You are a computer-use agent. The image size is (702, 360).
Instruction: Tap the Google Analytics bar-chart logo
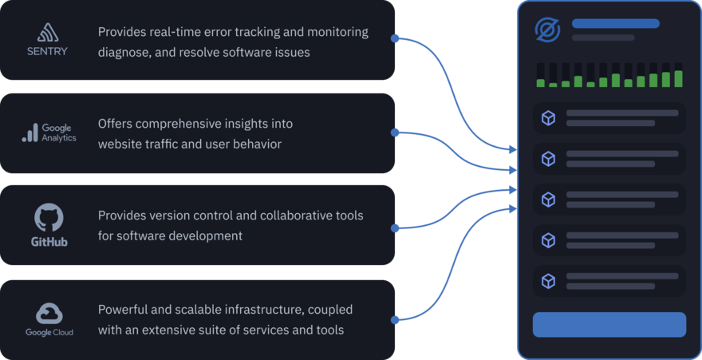coord(30,133)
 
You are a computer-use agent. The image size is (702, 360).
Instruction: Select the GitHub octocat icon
coord(49,217)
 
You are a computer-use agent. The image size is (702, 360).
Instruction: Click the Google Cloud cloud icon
coord(49,313)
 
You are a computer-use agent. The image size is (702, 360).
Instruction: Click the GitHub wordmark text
coord(49,241)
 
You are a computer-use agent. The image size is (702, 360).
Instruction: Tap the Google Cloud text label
coord(49,332)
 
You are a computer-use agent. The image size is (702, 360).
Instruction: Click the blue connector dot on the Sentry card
coord(396,38)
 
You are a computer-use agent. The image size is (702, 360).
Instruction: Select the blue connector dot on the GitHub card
coord(396,228)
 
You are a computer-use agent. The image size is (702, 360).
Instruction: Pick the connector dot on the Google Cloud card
coord(396,321)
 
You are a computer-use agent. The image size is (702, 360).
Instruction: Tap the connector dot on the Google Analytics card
coord(396,133)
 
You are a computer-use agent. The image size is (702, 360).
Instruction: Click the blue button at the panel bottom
coord(609,325)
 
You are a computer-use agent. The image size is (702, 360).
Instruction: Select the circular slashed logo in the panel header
coord(548,30)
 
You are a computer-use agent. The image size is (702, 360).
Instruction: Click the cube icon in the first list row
coord(548,118)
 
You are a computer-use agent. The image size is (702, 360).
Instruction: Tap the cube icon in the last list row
coord(548,281)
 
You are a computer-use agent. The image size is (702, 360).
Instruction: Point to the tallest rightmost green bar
coord(678,78)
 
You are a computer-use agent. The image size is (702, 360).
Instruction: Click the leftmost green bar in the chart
coord(541,83)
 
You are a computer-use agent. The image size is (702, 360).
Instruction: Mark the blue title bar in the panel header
coord(615,24)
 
